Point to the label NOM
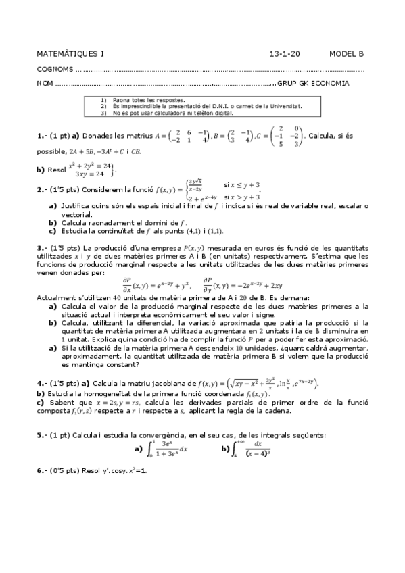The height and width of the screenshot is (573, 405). (x=45, y=84)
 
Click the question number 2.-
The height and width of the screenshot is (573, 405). (x=43, y=189)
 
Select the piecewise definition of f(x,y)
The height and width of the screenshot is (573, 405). (x=223, y=189)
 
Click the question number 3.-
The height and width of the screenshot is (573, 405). (x=43, y=249)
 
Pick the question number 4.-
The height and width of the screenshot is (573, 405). (x=43, y=382)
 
